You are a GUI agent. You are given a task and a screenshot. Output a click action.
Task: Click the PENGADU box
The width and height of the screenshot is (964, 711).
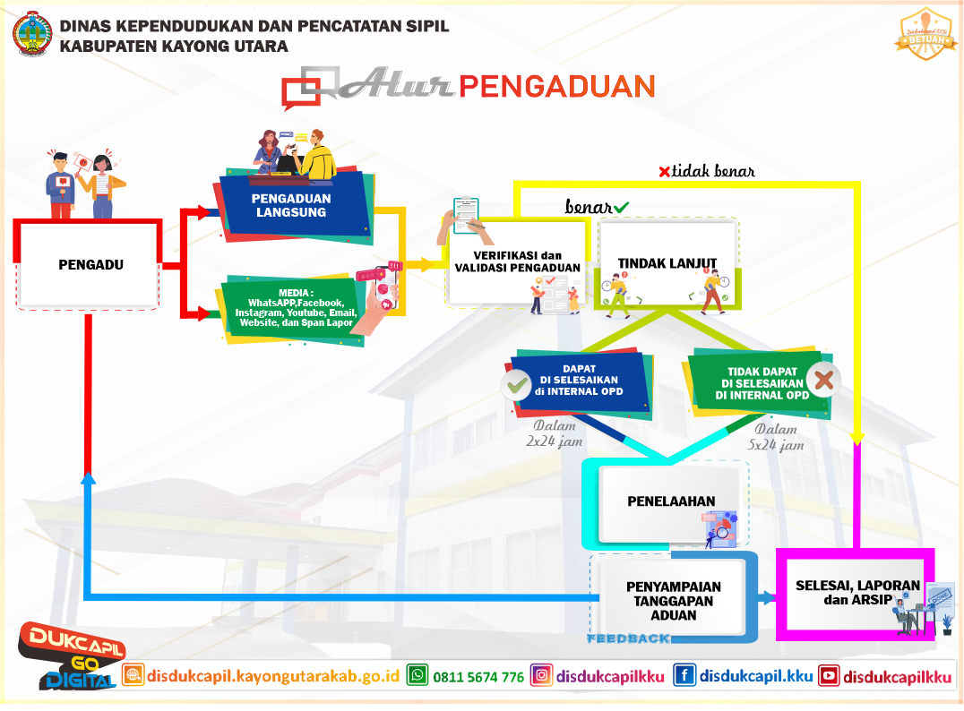pos(90,264)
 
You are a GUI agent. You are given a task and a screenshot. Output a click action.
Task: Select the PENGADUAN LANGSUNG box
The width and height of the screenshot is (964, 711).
pos(290,205)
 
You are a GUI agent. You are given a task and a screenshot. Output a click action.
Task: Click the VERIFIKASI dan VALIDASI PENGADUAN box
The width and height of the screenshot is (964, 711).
pos(517,261)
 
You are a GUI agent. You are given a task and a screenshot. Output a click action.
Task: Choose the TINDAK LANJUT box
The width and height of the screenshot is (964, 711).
pos(667,263)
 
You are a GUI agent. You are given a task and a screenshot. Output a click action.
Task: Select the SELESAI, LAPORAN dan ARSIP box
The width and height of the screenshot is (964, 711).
pos(857,591)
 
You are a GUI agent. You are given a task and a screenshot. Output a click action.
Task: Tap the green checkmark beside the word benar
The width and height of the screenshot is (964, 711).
pos(621,208)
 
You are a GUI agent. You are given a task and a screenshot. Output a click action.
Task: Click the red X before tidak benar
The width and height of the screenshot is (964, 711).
pos(664,172)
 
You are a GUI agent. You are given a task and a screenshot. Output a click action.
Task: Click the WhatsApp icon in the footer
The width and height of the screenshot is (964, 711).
pos(417,676)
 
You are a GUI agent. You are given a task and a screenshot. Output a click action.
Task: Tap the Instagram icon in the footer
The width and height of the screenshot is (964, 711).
pos(541,676)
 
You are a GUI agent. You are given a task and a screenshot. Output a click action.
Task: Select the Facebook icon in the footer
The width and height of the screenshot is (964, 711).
pos(684,676)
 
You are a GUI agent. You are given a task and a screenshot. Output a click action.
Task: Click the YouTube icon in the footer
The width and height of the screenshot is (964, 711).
pos(829,676)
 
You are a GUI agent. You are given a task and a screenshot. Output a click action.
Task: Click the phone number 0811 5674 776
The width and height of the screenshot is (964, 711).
pos(478,677)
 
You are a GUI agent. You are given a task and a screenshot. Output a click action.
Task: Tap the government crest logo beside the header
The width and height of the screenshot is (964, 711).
pos(33,33)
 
